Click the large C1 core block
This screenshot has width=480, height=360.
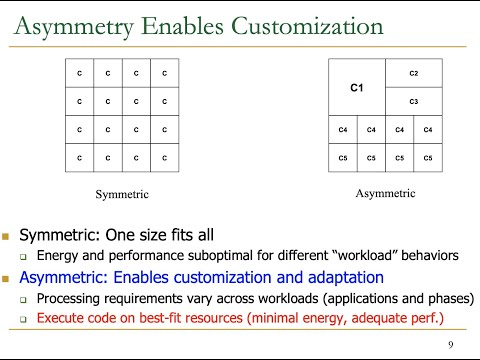pyautogui.click(x=357, y=88)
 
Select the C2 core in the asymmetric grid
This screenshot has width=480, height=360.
pyautogui.click(x=414, y=73)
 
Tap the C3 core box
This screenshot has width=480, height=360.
pyautogui.click(x=414, y=102)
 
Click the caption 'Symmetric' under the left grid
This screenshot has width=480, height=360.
pyautogui.click(x=122, y=193)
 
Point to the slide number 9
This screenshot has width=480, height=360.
pyautogui.click(x=452, y=345)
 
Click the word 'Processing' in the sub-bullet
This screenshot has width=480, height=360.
pyautogui.click(x=71, y=298)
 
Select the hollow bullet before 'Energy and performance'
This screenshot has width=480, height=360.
pyautogui.click(x=24, y=258)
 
